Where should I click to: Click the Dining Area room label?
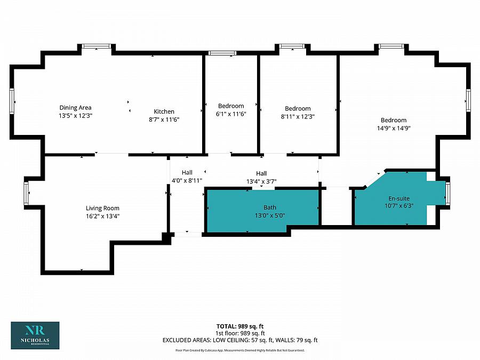click(75, 108)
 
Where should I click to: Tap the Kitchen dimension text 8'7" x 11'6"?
click(164, 119)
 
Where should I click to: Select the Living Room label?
click(102, 208)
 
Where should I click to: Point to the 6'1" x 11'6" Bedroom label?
click(231, 114)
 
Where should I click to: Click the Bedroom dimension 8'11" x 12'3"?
click(298, 116)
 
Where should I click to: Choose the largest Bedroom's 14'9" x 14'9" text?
click(394, 128)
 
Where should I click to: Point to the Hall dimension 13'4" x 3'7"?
click(261, 181)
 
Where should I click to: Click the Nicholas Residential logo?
click(35, 335)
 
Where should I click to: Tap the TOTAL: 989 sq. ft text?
click(240, 326)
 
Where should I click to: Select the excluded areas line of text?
click(240, 340)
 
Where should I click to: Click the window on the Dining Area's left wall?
click(12, 101)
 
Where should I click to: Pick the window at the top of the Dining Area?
click(97, 46)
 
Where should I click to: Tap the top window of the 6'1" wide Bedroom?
click(222, 53)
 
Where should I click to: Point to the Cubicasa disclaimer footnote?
click(240, 350)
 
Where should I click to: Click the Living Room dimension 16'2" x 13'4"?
click(102, 216)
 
